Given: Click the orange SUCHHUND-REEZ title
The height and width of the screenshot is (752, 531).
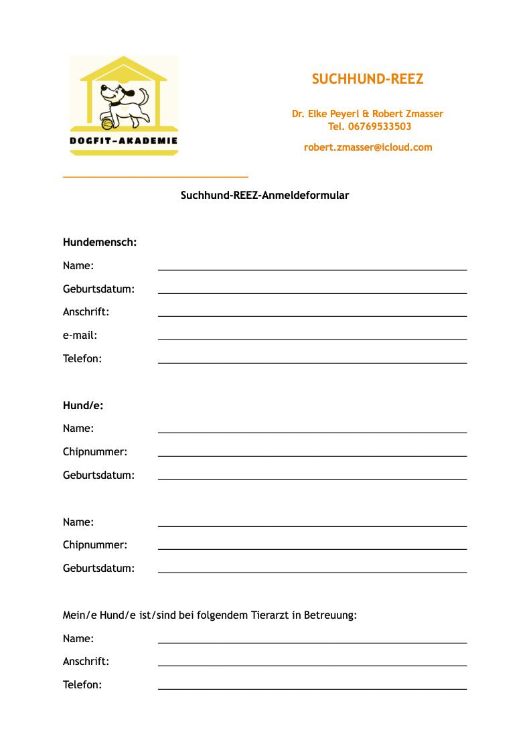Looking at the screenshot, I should coord(367,79).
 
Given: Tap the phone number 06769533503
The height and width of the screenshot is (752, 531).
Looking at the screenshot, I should coord(380,127).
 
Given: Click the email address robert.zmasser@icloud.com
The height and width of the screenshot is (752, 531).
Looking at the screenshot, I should coord(368,147).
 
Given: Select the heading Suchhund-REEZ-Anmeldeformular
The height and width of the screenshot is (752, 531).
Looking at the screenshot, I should coord(264,196).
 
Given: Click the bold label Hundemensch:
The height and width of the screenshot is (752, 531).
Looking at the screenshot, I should coord(100,242).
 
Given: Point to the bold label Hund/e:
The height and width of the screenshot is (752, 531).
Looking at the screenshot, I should coord(83,406).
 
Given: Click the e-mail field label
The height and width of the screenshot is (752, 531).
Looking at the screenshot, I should coord(80,335).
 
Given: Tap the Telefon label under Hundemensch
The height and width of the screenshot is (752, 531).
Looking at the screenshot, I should coord(82,359).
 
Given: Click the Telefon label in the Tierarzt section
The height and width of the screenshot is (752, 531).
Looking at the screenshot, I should coord(82,685).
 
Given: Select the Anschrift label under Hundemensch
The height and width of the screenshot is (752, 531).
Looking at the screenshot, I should coord(86,312).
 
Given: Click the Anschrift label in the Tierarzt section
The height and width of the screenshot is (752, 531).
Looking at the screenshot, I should coord(86,662).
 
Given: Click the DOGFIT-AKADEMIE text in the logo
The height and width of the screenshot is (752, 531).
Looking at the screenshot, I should coord(124,141).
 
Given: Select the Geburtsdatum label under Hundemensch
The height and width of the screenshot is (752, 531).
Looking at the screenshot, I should coord(98,289).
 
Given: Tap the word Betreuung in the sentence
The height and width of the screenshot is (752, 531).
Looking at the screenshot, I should coord(330,615).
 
